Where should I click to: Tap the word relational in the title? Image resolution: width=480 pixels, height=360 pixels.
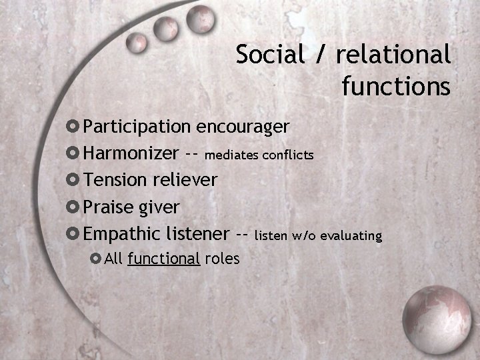click(393, 55)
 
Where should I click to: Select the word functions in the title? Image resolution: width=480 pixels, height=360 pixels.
click(396, 86)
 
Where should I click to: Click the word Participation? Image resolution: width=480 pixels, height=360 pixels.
click(137, 126)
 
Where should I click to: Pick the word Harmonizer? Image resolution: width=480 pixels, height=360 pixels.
click(131, 153)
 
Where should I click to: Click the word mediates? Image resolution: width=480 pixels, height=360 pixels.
click(232, 155)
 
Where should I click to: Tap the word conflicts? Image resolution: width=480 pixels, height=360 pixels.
click(288, 155)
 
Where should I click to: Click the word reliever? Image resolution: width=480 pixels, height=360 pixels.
click(185, 180)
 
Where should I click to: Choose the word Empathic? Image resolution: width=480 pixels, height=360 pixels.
click(122, 234)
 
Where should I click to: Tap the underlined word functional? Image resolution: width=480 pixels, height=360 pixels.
click(164, 259)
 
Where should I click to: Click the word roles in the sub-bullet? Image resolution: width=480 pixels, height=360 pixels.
click(222, 259)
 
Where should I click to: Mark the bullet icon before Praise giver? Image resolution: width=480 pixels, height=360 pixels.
click(73, 207)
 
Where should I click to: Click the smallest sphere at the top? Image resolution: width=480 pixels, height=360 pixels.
click(137, 43)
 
